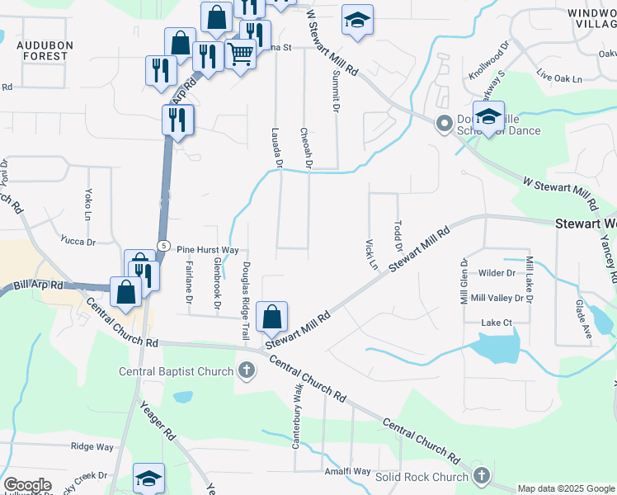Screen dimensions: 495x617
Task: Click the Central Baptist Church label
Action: click(177, 371)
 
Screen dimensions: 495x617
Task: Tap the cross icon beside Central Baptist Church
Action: click(246, 370)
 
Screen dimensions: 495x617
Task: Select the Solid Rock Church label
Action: click(422, 477)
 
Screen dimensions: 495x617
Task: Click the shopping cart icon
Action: click(240, 55)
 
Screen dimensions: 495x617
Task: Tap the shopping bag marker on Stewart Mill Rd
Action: click(271, 316)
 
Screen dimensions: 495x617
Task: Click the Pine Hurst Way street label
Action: click(208, 249)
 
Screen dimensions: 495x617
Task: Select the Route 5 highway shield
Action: click(165, 246)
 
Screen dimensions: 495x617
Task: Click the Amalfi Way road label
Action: click(346, 471)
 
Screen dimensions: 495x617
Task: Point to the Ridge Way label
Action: click(92, 446)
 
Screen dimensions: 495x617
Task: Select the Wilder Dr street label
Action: click(497, 272)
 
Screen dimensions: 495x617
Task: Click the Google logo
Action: click(27, 485)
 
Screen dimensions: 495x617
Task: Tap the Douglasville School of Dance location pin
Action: click(444, 124)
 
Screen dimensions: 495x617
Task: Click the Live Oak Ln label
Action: click(558, 79)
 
